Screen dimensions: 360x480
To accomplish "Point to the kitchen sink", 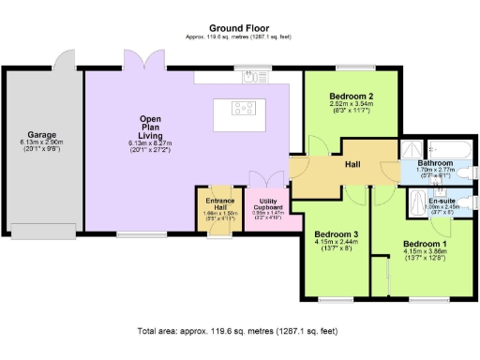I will [x=250, y=79].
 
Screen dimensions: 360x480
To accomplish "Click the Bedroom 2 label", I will [x=352, y=97].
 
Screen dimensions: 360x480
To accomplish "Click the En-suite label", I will [x=441, y=201].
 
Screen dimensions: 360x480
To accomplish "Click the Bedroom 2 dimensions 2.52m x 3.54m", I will [x=352, y=105].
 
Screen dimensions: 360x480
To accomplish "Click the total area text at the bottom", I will [x=236, y=331].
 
